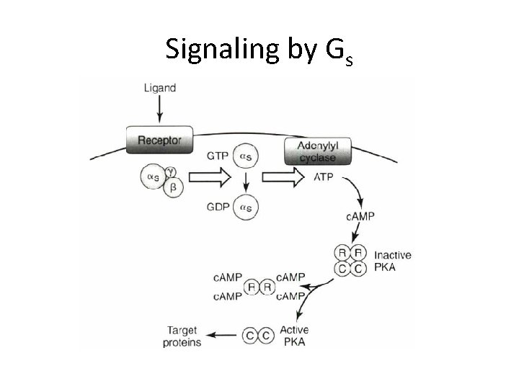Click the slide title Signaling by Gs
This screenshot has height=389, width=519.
(259, 49)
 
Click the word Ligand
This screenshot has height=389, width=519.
(160, 89)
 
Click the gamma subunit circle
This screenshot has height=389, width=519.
(171, 171)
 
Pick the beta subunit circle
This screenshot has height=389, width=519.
(173, 188)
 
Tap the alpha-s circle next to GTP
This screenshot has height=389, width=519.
(246, 154)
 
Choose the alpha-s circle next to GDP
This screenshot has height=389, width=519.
(246, 207)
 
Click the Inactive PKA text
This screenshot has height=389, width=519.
(394, 261)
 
